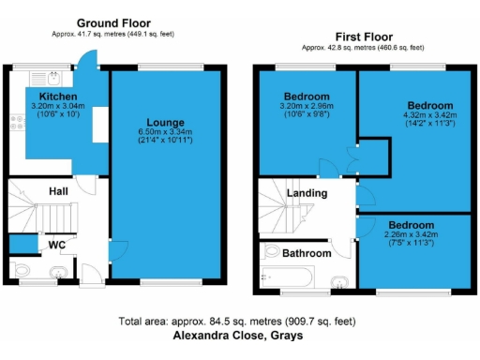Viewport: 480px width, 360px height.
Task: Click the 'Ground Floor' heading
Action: [112, 22]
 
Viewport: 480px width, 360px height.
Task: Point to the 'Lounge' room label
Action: [164, 122]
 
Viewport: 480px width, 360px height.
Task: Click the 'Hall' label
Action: [58, 191]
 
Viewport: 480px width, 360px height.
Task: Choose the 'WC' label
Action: [56, 246]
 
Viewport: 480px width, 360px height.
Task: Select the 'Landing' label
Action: [307, 193]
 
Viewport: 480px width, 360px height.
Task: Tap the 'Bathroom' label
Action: [308, 253]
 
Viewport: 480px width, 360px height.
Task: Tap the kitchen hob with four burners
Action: [16, 120]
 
